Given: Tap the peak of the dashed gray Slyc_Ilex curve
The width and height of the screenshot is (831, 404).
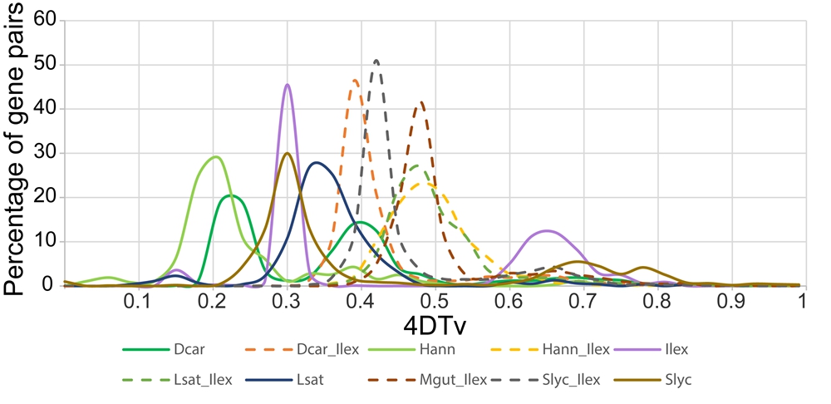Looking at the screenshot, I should point(376,60).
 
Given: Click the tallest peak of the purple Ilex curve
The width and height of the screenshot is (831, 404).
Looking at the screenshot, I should point(288,84).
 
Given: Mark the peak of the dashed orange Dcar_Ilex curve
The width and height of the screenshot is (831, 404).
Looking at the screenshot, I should point(356,80).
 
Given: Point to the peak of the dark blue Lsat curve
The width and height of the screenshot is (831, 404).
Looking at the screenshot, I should point(316,162).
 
